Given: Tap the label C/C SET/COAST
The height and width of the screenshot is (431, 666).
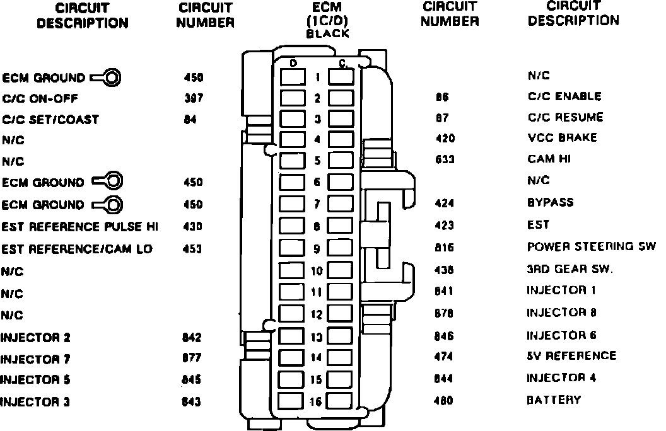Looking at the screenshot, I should (x=50, y=119).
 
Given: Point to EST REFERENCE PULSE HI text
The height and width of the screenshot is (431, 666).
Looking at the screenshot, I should (x=80, y=226).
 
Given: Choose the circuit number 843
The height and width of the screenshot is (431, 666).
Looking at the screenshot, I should (x=192, y=401).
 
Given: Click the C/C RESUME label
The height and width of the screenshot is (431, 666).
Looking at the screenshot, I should (x=565, y=117).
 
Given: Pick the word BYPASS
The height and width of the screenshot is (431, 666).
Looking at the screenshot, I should (x=550, y=202).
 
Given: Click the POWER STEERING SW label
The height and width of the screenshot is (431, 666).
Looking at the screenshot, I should (x=591, y=246).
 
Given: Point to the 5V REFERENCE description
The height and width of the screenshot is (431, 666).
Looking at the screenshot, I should (x=571, y=356).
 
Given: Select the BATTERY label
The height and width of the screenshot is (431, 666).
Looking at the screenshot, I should (x=553, y=399).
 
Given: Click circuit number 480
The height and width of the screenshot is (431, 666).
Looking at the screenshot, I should (x=444, y=400).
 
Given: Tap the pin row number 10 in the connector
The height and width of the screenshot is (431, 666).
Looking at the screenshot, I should (x=317, y=272).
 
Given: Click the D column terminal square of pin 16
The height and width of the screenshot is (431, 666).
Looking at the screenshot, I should (x=291, y=401).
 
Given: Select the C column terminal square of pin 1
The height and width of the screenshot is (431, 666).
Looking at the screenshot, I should (x=341, y=77).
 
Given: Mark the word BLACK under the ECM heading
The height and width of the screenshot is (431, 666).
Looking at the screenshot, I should (x=327, y=34).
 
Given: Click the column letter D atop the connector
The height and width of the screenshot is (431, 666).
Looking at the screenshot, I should (x=293, y=63).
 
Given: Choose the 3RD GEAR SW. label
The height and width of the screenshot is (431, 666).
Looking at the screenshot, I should (x=570, y=269).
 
